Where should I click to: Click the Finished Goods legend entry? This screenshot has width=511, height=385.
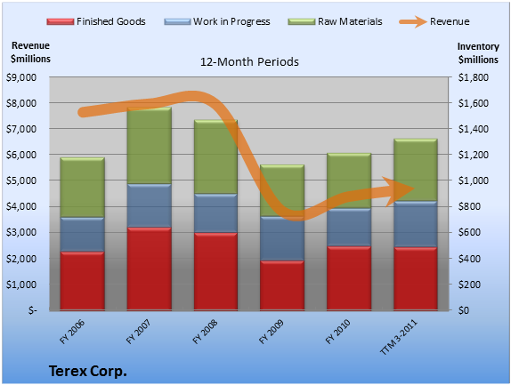click(x=96, y=21)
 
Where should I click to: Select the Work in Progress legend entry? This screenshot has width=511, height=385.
click(x=217, y=21)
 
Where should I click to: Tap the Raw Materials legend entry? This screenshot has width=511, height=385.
click(x=335, y=21)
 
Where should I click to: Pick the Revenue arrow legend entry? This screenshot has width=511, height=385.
click(x=434, y=21)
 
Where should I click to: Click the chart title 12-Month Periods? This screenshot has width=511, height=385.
click(x=249, y=62)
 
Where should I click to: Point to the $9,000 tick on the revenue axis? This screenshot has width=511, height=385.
click(x=21, y=77)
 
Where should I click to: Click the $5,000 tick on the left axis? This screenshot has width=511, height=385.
click(x=21, y=180)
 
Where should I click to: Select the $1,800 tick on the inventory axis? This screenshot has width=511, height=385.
click(x=474, y=77)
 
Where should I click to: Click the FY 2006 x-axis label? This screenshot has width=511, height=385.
click(x=72, y=332)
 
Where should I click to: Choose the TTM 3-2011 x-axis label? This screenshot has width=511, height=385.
click(x=399, y=337)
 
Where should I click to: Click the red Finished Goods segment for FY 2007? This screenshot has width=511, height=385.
click(x=150, y=269)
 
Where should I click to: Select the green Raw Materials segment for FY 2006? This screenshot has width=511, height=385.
click(x=83, y=188)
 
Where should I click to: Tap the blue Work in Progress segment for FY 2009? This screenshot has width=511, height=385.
click(x=282, y=238)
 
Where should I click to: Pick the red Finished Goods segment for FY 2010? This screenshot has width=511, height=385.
click(x=349, y=278)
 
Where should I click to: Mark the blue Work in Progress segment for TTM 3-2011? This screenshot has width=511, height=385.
click(x=416, y=224)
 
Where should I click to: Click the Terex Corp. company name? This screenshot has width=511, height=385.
click(x=87, y=371)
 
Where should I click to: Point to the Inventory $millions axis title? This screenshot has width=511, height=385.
click(x=478, y=53)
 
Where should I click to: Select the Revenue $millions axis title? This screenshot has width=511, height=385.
click(x=30, y=52)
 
